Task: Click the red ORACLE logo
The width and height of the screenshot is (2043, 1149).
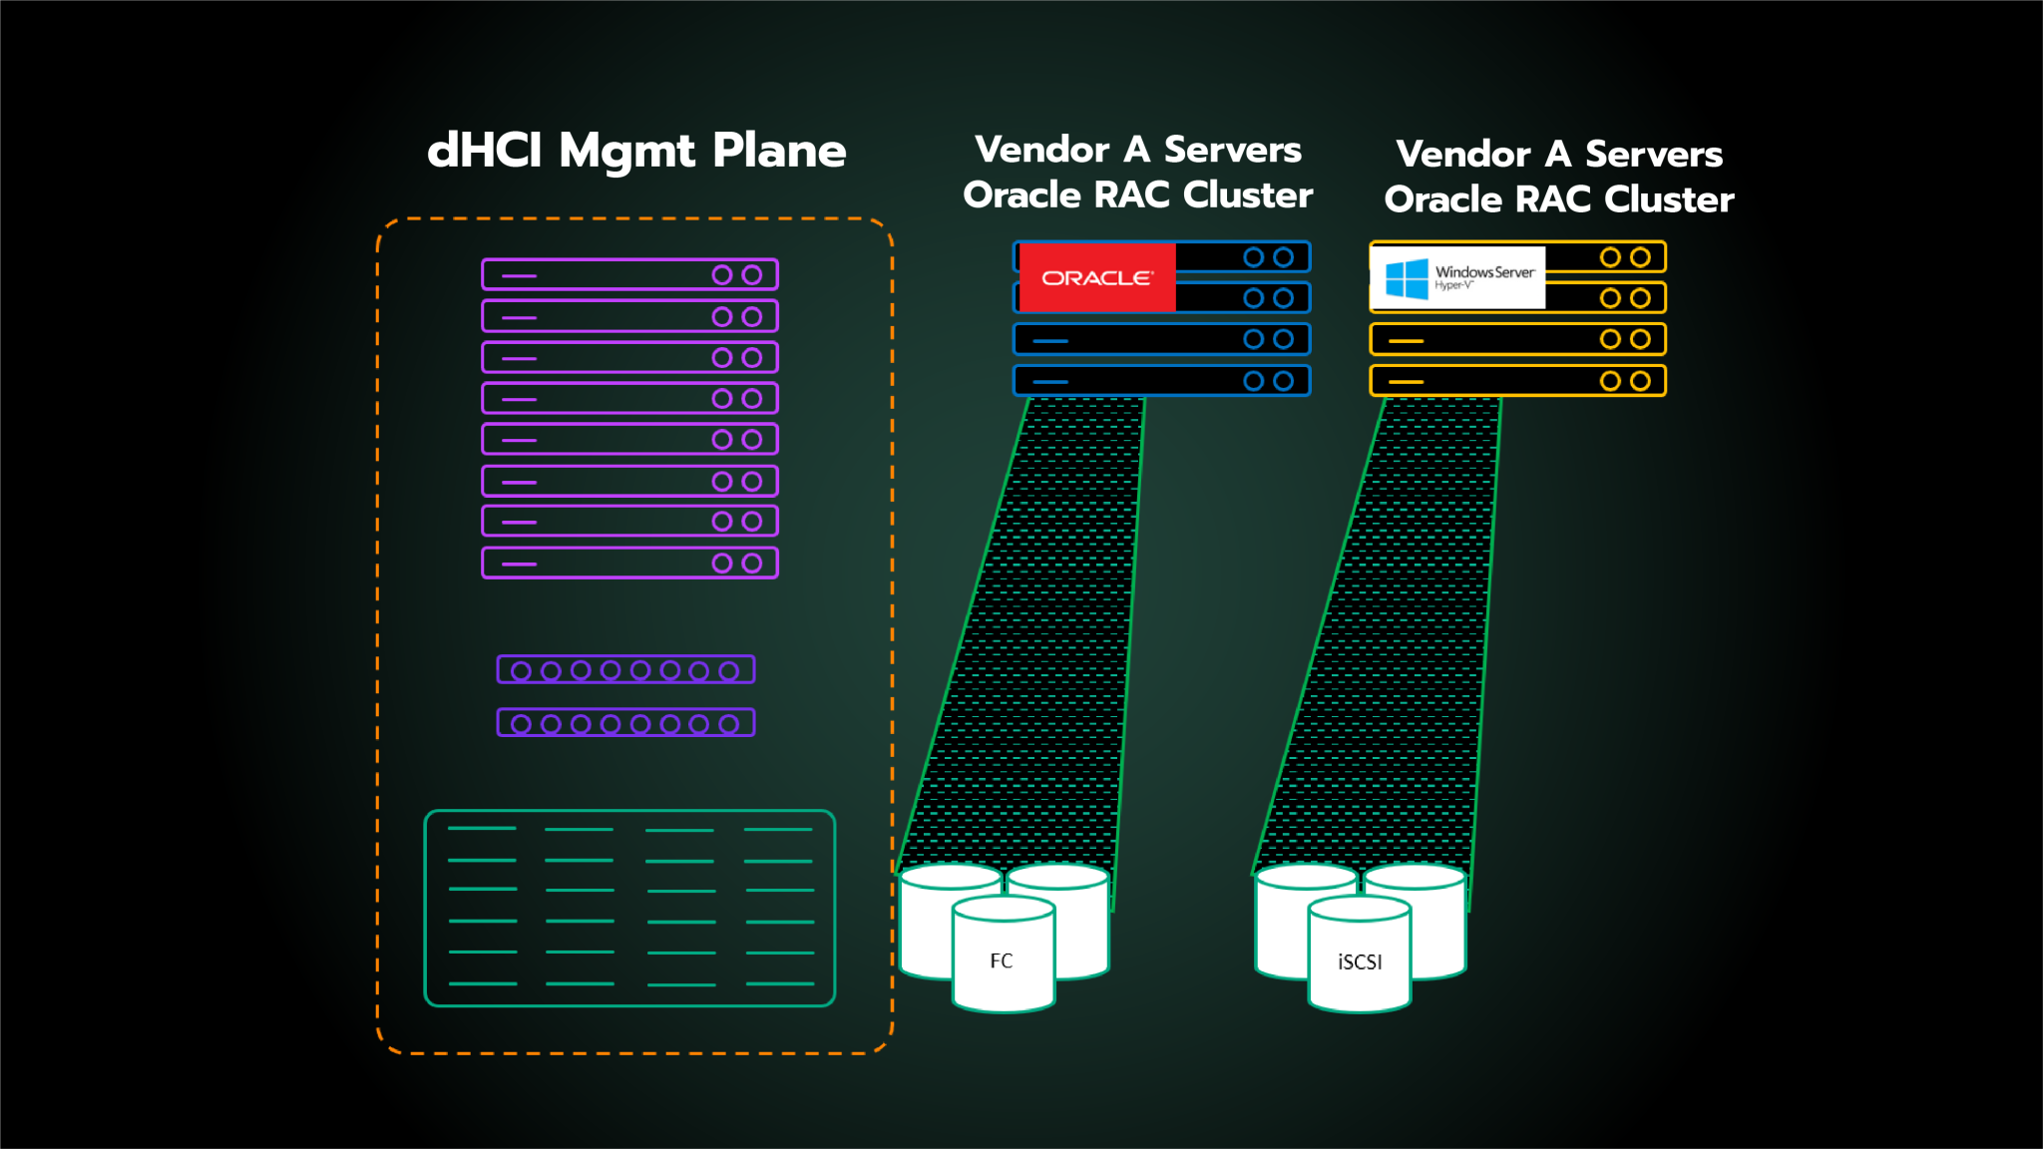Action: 1096,277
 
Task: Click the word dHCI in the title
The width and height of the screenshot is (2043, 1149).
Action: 484,152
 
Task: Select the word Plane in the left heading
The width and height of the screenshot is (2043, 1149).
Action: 779,152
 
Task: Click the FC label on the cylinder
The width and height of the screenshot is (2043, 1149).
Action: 1001,960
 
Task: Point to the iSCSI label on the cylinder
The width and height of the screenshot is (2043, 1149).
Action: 1359,961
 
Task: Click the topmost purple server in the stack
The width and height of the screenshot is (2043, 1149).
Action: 629,274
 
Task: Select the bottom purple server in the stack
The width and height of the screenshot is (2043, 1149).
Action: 629,563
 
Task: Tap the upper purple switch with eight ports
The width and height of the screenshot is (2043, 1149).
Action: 625,669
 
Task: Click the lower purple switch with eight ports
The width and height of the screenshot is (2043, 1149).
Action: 625,723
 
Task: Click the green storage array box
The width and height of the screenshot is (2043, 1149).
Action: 629,908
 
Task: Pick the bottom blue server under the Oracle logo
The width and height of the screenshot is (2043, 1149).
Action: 1161,381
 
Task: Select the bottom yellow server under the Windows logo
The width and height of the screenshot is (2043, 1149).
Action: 1517,381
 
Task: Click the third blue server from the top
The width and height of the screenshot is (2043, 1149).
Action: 1161,339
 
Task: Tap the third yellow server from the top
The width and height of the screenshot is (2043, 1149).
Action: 1517,339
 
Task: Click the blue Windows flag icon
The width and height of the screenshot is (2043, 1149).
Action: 1407,278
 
